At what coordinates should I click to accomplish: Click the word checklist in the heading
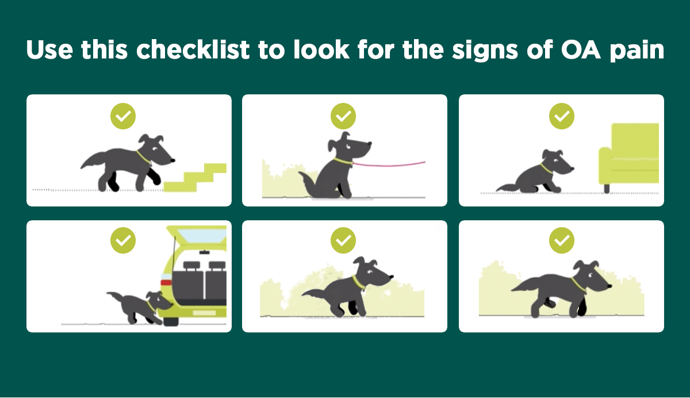193,49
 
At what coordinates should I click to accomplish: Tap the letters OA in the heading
581,49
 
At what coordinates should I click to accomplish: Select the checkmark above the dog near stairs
123,116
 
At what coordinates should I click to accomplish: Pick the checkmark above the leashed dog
343,116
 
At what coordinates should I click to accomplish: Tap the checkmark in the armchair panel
562,116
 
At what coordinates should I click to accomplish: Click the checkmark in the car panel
123,240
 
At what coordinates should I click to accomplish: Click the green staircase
195,178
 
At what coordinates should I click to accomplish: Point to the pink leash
389,164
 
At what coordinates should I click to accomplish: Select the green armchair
628,154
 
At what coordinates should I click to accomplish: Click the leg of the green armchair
607,188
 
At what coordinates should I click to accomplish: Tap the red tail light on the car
166,282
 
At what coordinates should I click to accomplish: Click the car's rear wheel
171,322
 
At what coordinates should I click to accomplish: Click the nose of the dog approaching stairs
173,160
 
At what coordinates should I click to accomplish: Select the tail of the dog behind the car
115,297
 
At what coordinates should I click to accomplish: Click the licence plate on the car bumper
204,313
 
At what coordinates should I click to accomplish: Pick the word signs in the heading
485,51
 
